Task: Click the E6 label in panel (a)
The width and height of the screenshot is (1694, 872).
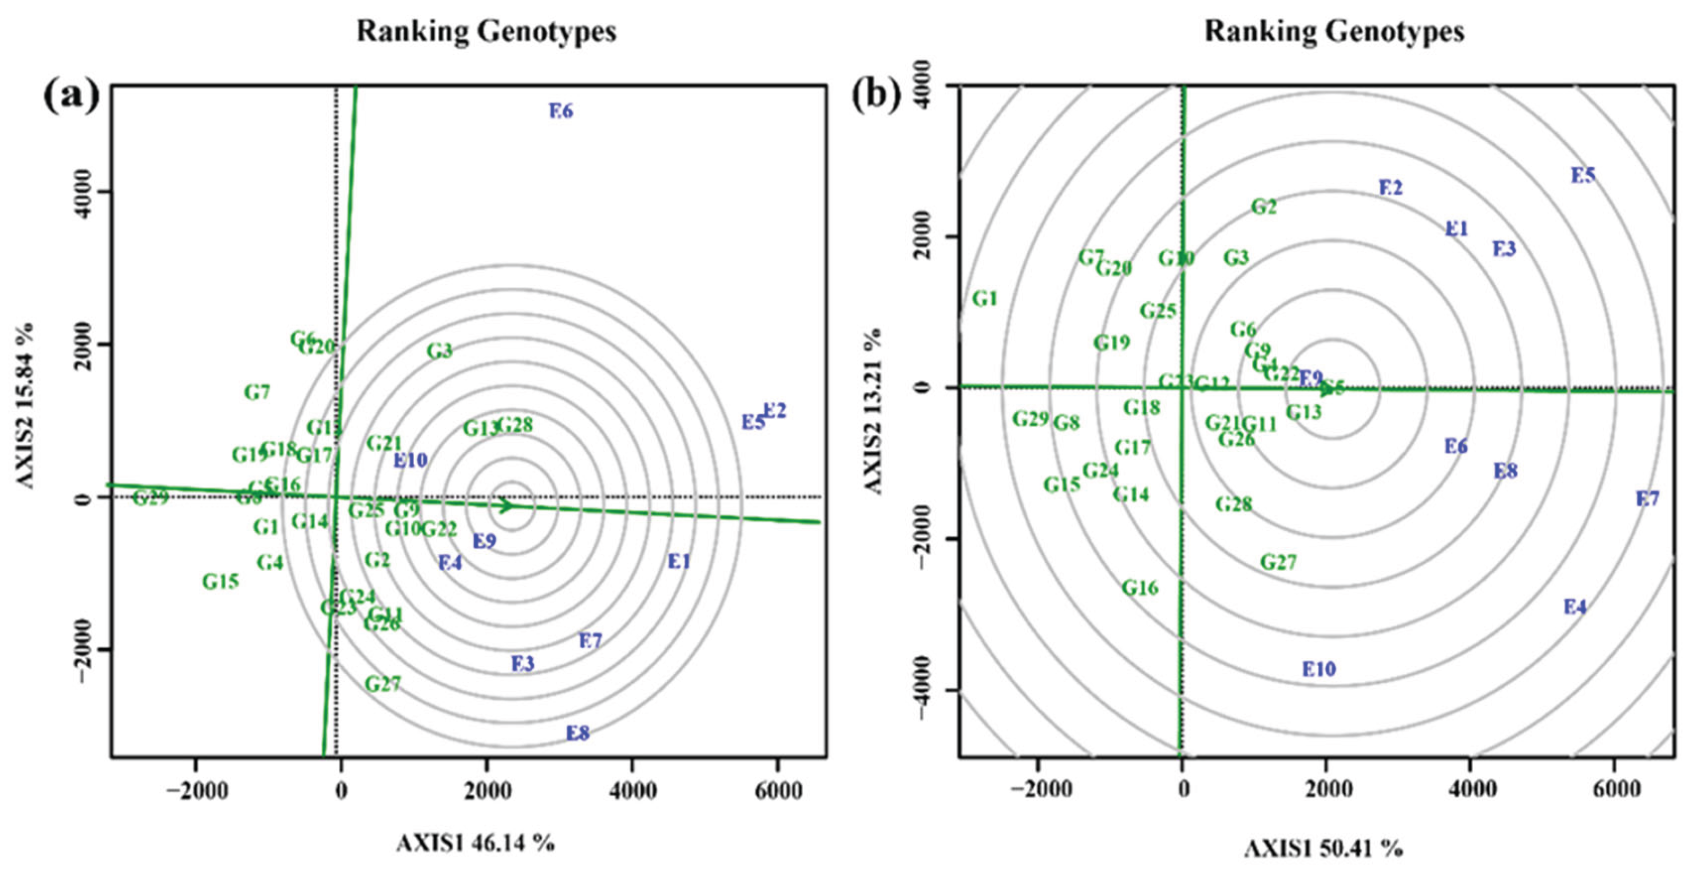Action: [x=561, y=111]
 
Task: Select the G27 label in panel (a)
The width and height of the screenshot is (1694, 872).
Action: [x=383, y=684]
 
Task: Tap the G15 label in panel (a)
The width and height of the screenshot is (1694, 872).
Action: [x=220, y=581]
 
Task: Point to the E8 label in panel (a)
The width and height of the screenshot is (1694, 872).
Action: [x=577, y=732]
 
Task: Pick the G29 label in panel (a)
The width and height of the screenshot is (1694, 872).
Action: [x=151, y=498]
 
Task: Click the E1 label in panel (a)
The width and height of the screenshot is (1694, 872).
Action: [x=679, y=562]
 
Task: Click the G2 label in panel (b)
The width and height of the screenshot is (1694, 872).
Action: [x=1264, y=207]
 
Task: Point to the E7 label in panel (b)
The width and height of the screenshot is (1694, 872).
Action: [x=1647, y=499]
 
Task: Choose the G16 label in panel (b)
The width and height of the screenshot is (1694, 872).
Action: [x=1140, y=588]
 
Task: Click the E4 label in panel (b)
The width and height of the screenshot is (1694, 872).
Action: [x=1575, y=607]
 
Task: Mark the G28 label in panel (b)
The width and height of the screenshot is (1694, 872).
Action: [x=1233, y=504]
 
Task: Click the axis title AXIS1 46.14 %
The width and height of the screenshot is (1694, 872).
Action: [x=475, y=843]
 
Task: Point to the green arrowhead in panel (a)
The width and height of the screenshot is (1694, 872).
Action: [x=505, y=506]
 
